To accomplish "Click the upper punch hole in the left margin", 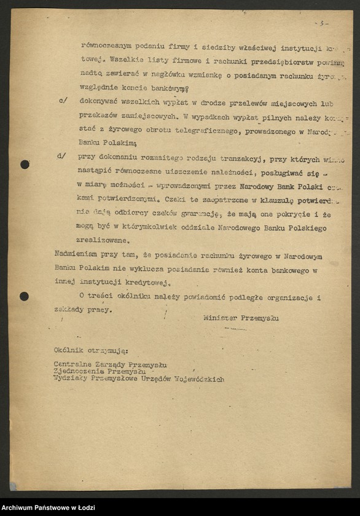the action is [25, 164].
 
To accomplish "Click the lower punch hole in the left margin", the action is [24, 296].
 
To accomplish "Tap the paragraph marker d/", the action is [61, 156].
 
